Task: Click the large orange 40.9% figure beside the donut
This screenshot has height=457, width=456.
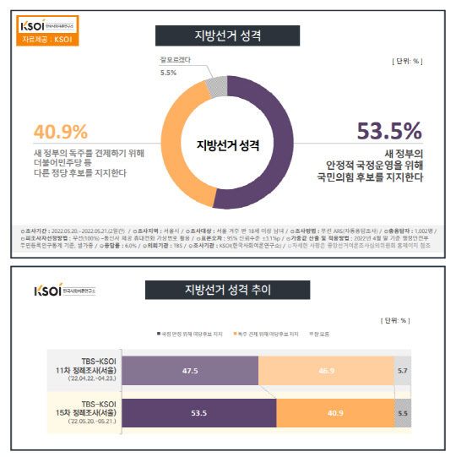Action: click(60, 132)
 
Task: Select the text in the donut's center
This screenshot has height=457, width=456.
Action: click(228, 146)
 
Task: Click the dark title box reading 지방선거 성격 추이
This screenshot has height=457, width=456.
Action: click(227, 291)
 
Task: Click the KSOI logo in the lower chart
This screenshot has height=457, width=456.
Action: click(47, 292)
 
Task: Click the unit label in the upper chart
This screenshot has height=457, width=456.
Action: click(406, 62)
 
